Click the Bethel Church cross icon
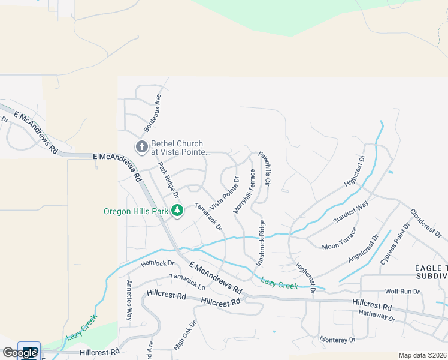pos(141,147)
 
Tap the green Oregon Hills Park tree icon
pos(177,211)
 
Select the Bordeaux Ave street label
pos(152,113)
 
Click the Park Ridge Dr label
pos(168,180)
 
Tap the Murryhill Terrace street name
pos(245,191)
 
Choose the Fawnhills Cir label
pos(265,169)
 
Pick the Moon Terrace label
pos(339,238)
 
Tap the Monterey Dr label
pos(337,340)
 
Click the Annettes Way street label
pos(128,300)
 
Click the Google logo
pos(20,353)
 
